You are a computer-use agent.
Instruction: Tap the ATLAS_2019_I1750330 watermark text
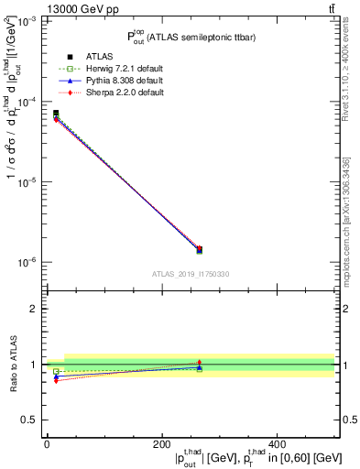[x=191, y=274]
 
